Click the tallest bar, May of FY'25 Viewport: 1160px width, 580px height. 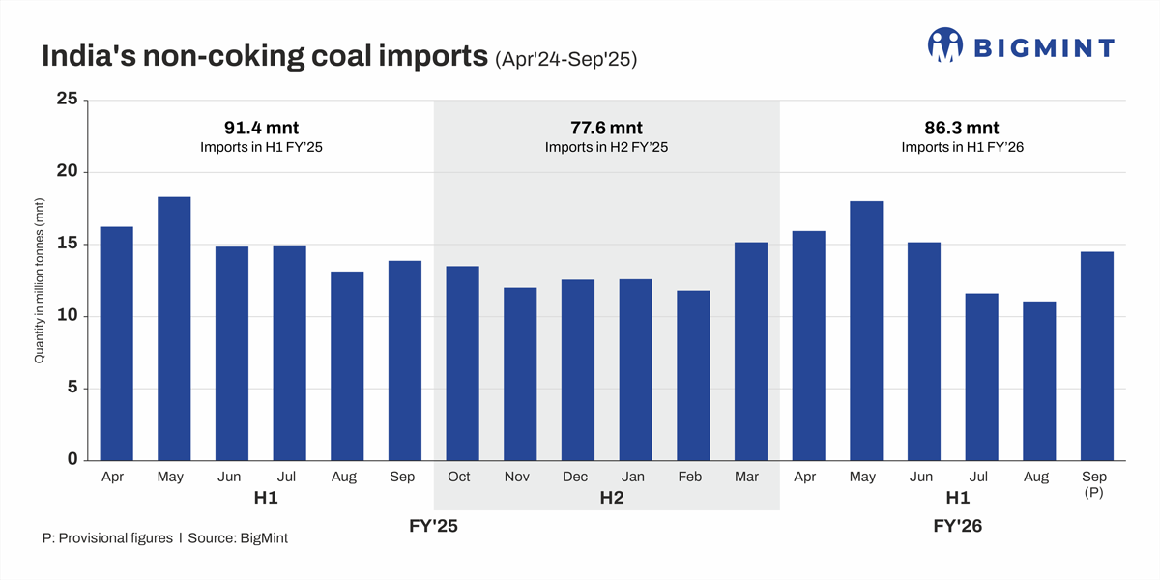pyautogui.click(x=174, y=329)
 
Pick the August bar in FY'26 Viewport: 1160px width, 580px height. pyautogui.click(x=1039, y=381)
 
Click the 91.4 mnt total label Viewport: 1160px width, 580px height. pyautogui.click(x=261, y=128)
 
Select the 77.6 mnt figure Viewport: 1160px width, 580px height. pyautogui.click(x=606, y=128)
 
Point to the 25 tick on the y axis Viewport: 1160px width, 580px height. pyautogui.click(x=67, y=100)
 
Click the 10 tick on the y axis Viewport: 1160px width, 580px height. pyautogui.click(x=67, y=316)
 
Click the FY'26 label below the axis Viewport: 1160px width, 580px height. pyautogui.click(x=957, y=527)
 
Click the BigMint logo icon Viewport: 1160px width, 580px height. pyautogui.click(x=946, y=45)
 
